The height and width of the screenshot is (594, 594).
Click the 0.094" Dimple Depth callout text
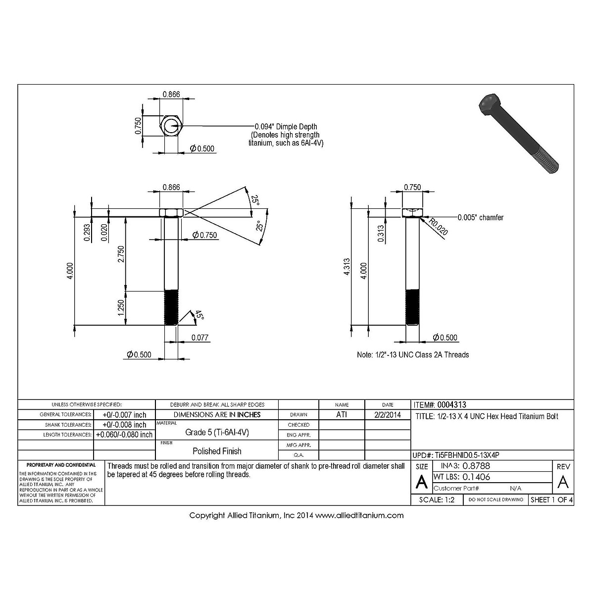286,127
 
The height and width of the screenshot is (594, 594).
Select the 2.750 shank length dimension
121,254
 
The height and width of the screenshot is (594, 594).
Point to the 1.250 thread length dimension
121,308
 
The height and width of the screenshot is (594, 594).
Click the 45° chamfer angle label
198,315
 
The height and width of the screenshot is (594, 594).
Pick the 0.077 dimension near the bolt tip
199,338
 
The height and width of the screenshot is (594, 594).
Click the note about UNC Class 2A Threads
413,354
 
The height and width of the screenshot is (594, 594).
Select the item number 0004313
451,404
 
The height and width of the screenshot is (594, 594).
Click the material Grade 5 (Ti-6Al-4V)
217,432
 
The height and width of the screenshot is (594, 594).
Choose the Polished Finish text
217,451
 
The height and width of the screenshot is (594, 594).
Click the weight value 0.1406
476,477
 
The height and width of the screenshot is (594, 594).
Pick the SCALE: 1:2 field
437,500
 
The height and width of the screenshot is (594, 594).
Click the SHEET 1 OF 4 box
551,500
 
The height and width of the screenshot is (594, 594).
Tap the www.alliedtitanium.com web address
359,515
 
